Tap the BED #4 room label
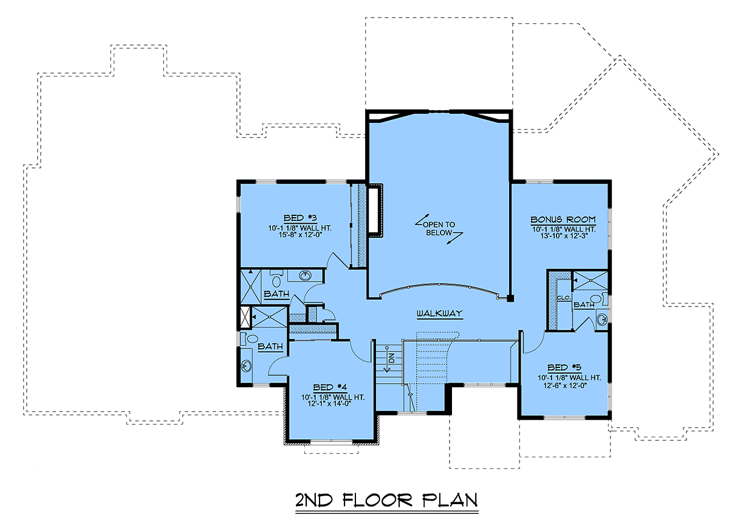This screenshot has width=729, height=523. (x=330, y=387)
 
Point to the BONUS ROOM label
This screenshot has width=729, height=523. (x=563, y=220)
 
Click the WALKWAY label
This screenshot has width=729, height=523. (x=440, y=313)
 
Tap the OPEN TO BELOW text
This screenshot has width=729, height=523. (x=439, y=229)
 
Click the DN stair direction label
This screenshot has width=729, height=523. (x=391, y=358)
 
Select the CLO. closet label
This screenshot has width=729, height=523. (x=564, y=298)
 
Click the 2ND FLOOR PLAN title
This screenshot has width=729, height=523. (x=386, y=500)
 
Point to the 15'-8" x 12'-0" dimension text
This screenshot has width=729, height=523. (x=300, y=235)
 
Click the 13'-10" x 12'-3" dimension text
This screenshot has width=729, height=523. (x=564, y=236)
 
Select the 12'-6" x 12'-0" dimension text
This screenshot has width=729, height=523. (x=565, y=386)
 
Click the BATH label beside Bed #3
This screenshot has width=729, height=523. (x=276, y=294)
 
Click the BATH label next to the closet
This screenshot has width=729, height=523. (x=584, y=305)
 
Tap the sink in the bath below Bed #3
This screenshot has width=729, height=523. (x=305, y=275)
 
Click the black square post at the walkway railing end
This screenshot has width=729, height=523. (x=510, y=298)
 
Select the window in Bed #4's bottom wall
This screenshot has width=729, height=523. (x=331, y=442)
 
